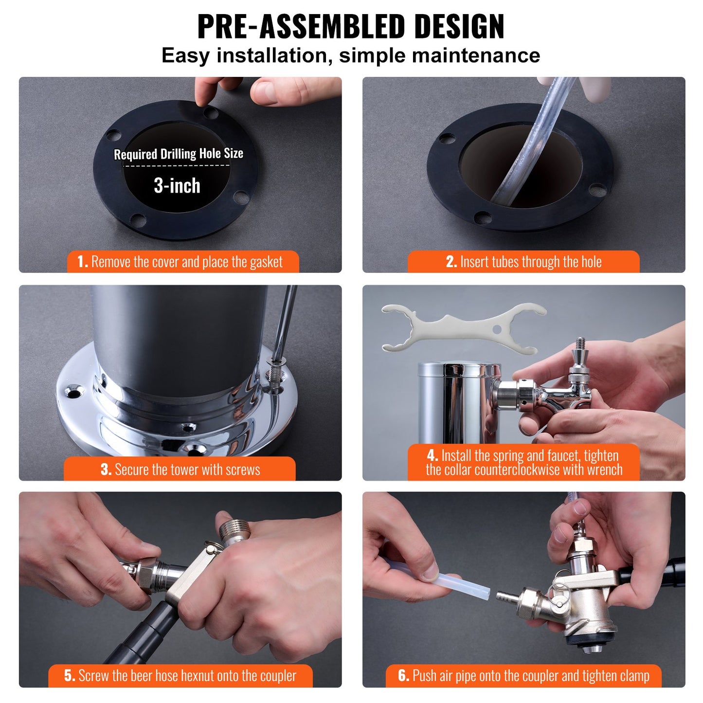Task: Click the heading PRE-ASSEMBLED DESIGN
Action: pyautogui.click(x=351, y=26)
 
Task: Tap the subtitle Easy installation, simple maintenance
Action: pyautogui.click(x=351, y=55)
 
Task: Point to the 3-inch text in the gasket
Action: pyautogui.click(x=177, y=186)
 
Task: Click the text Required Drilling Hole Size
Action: pyautogui.click(x=178, y=154)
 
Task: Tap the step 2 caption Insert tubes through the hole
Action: pyautogui.click(x=523, y=262)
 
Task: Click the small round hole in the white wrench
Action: pyautogui.click(x=496, y=329)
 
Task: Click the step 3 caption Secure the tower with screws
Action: pyautogui.click(x=180, y=469)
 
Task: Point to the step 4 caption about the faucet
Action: pyautogui.click(x=523, y=463)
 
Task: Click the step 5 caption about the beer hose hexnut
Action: pyautogui.click(x=180, y=676)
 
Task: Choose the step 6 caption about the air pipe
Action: pyautogui.click(x=523, y=676)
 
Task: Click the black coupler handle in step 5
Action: pyautogui.click(x=141, y=632)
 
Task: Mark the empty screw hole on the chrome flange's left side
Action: pyautogui.click(x=73, y=392)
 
